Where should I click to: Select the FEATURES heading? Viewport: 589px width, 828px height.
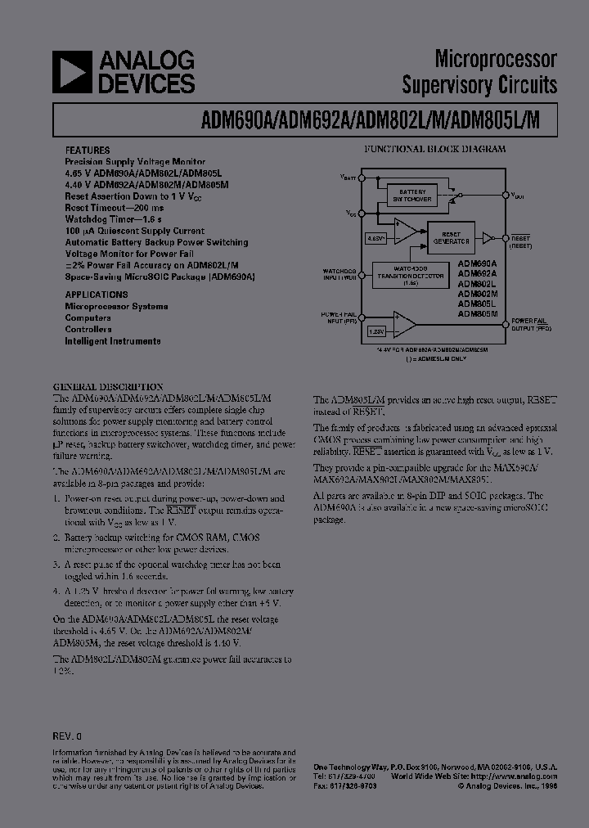pos(87,151)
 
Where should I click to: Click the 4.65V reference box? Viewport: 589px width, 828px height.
pos(375,238)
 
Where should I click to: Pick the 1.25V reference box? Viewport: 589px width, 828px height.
pos(375,331)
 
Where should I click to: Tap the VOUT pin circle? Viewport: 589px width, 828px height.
pos(507,195)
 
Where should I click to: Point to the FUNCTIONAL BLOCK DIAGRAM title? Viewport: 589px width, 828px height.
pos(434,149)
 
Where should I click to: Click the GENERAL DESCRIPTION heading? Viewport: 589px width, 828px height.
pos(107,386)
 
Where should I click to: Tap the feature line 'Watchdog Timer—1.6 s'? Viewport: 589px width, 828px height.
pos(115,219)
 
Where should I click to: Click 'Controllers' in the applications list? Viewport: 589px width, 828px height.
pos(88,329)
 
